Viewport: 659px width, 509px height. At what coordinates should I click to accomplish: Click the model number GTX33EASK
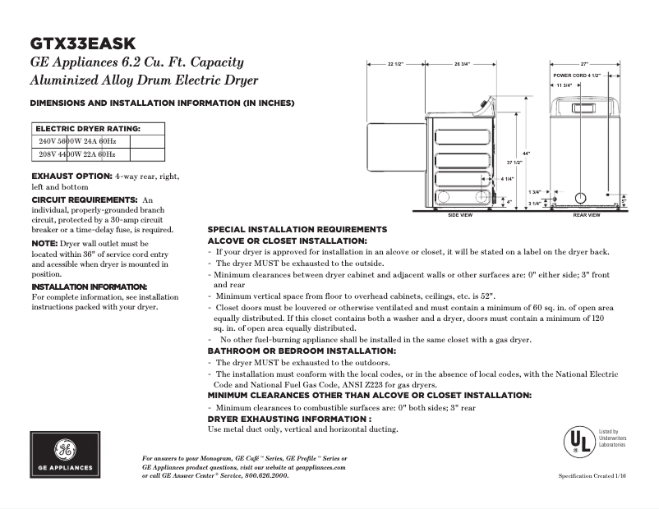83,43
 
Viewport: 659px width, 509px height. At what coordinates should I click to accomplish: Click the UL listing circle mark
578,442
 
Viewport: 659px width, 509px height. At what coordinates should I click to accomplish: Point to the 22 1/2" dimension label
395,64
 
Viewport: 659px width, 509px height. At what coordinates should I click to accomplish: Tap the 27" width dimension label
584,64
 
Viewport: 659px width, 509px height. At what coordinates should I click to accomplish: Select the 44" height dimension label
526,154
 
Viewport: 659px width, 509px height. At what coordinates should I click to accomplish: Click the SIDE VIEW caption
459,215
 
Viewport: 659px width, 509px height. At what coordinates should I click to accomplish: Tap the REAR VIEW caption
586,215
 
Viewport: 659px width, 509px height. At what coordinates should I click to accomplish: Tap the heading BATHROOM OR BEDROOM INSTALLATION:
301,351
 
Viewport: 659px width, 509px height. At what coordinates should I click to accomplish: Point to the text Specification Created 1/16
592,476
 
